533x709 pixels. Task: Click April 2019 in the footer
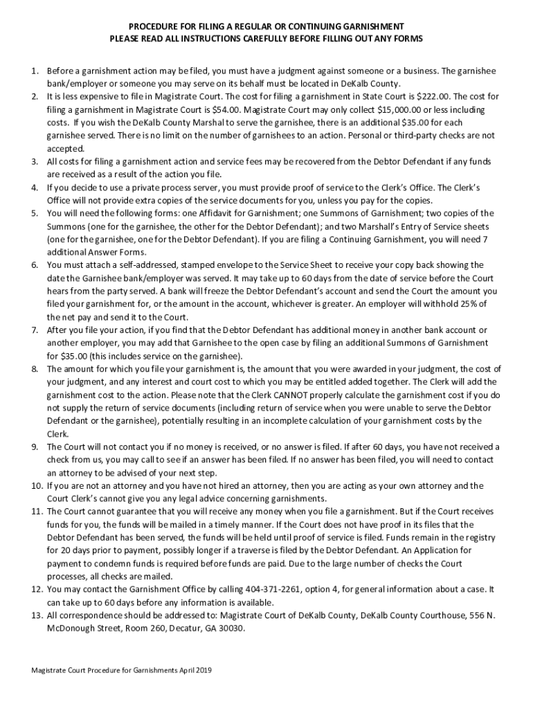(x=197, y=672)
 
